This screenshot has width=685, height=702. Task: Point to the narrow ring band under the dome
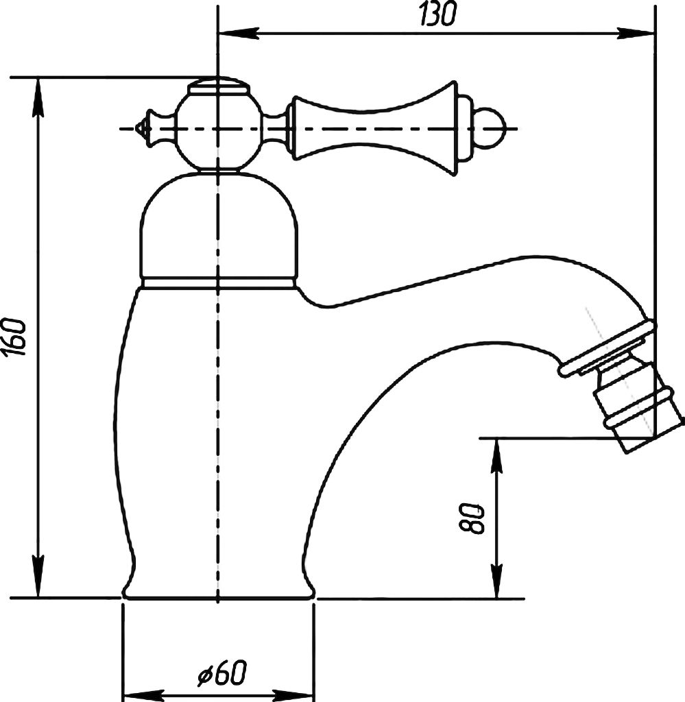coord(219,282)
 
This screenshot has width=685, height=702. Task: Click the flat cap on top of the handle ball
coord(218,86)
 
